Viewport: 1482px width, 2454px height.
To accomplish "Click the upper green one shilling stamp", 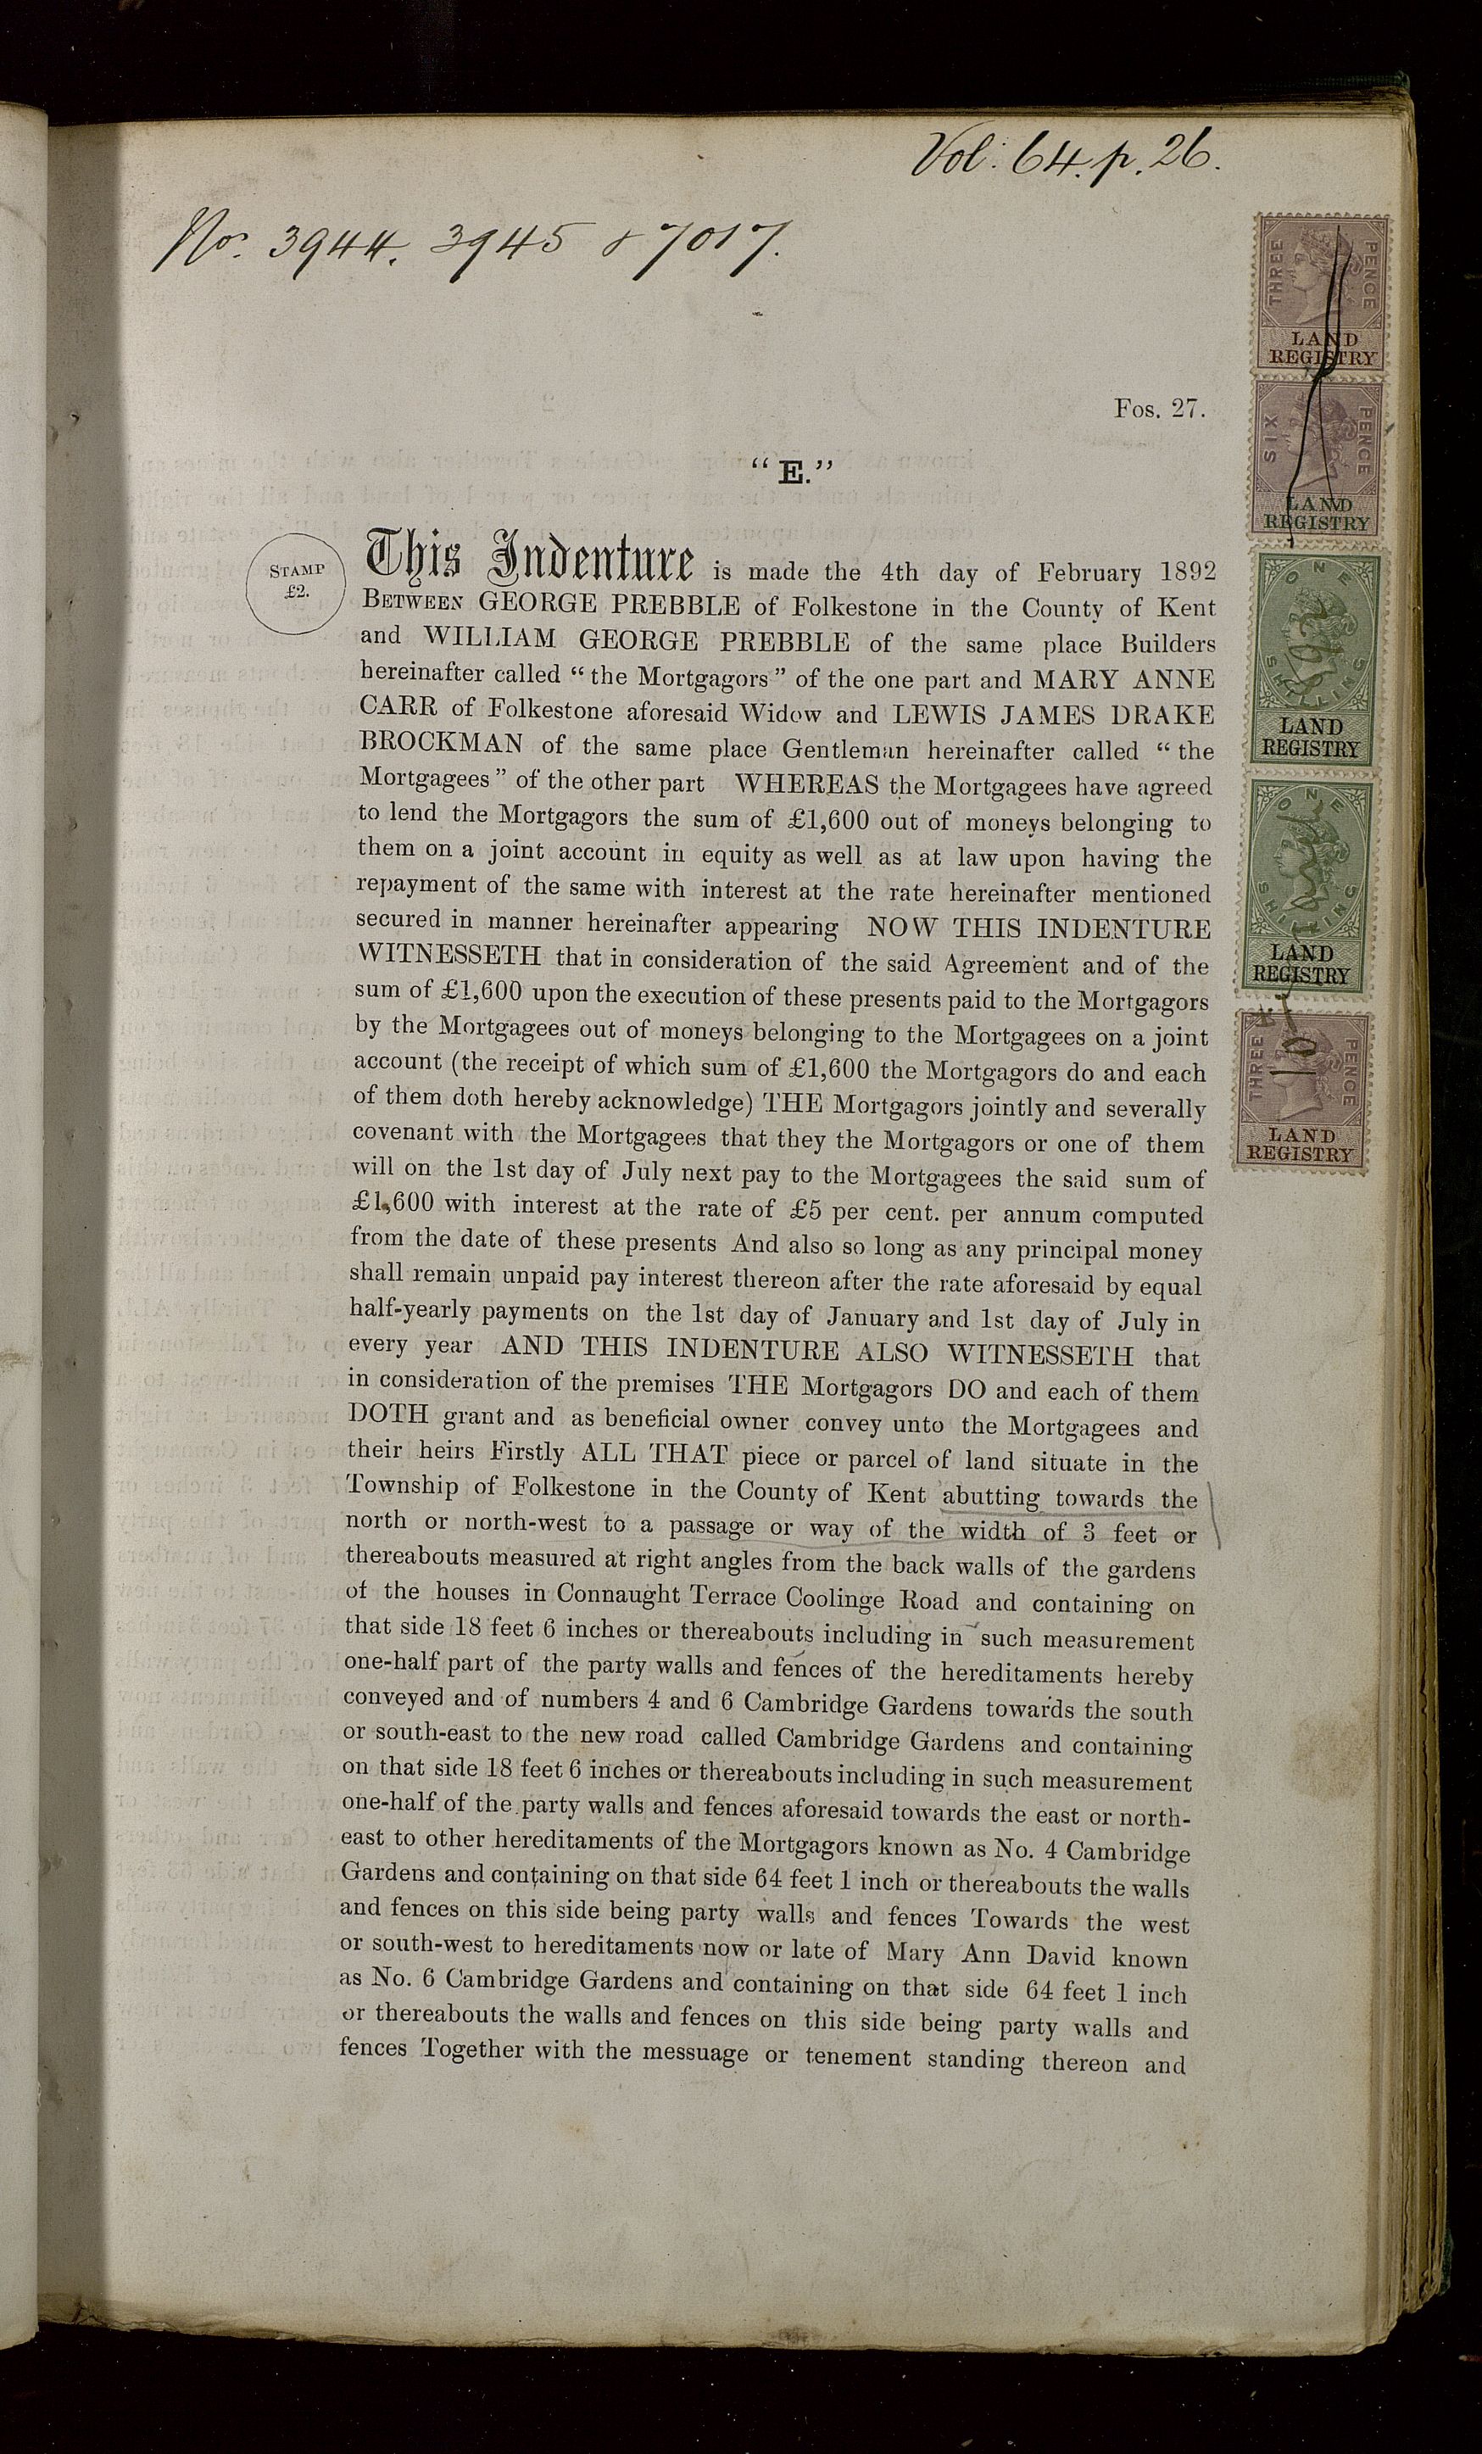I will point(1312,658).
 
